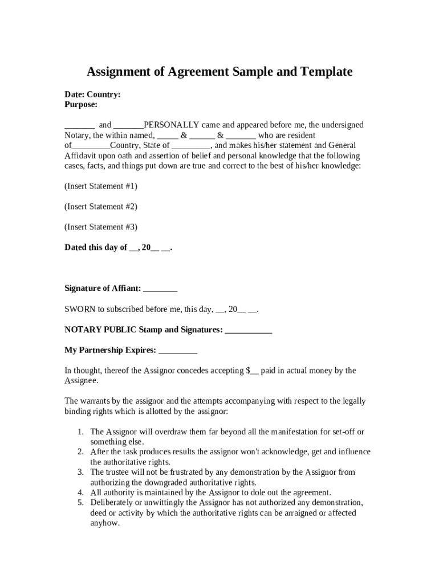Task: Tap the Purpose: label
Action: (81, 104)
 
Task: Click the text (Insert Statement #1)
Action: (101, 186)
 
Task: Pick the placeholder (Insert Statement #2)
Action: (101, 207)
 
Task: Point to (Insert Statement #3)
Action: (101, 227)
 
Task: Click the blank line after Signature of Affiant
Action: (160, 289)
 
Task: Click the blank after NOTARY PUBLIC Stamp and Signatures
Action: (249, 330)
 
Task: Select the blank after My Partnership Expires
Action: (178, 350)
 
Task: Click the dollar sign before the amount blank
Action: (248, 371)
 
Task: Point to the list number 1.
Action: (81, 432)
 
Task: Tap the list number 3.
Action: (81, 473)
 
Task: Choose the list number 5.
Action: (81, 503)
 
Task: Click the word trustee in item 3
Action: (119, 473)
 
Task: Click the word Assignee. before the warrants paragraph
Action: (82, 381)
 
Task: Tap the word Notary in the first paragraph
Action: (76, 135)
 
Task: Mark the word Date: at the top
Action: (74, 95)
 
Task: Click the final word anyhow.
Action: (105, 523)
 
